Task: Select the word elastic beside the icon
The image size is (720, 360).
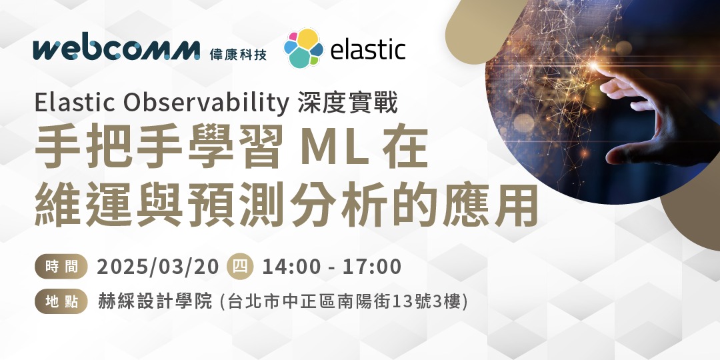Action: [367, 49]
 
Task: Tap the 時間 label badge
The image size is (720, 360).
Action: [61, 267]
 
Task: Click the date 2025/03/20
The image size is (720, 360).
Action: [158, 267]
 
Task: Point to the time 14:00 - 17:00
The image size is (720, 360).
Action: [332, 267]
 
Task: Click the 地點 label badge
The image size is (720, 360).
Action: [61, 302]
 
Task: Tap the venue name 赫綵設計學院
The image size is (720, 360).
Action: [155, 302]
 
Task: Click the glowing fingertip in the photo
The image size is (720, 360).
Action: [597, 67]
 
